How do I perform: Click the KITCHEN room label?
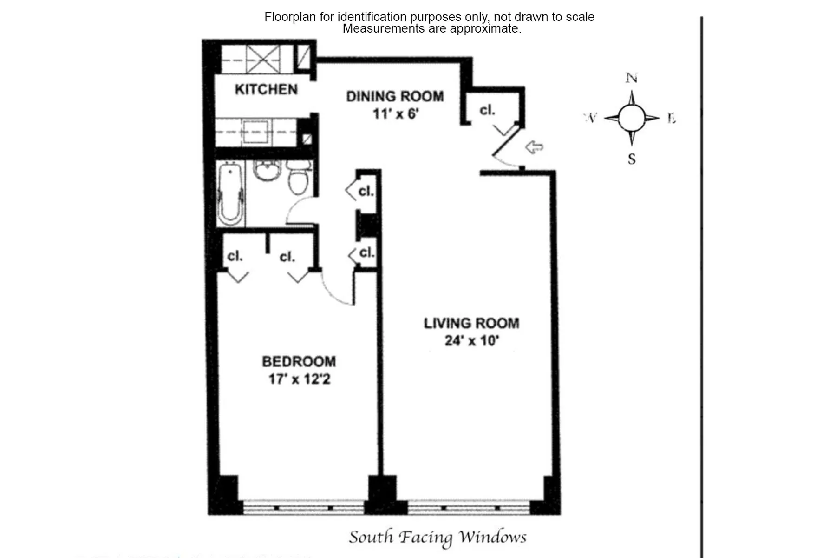click(266, 89)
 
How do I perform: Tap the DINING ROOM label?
click(395, 97)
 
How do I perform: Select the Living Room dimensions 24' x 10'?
click(471, 341)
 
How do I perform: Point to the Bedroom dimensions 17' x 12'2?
click(299, 379)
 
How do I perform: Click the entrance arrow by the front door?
click(534, 147)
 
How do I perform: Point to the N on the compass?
click(631, 78)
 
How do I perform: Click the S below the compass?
click(632, 159)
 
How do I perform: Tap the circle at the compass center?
click(631, 118)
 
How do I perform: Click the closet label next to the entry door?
click(487, 110)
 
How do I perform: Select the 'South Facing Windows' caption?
click(438, 538)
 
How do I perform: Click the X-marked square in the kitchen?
click(262, 59)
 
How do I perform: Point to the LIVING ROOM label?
click(471, 323)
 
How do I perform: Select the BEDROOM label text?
click(299, 362)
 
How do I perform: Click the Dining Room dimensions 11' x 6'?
click(396, 113)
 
